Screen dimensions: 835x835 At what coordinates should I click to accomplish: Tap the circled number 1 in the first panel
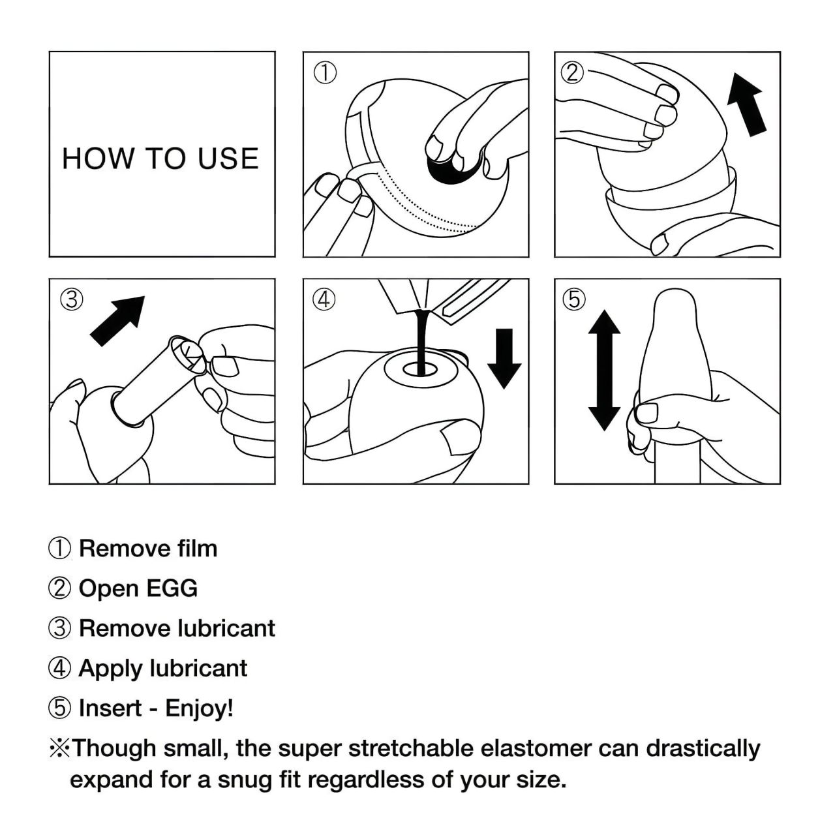326,73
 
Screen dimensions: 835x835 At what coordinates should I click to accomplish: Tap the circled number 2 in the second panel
572,72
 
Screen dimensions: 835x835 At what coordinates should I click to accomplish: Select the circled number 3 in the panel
72,299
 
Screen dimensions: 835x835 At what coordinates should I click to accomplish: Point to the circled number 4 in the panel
324,299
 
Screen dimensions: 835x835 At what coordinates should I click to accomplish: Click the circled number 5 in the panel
574,299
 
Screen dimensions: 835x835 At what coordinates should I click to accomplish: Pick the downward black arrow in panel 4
504,358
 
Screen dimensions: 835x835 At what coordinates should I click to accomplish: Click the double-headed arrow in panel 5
604,370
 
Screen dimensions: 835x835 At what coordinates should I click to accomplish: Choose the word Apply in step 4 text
110,669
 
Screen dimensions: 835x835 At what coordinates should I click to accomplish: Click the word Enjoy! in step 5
199,708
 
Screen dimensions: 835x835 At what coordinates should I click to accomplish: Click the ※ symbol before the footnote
59,748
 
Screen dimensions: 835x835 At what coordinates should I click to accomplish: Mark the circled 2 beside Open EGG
59,588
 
